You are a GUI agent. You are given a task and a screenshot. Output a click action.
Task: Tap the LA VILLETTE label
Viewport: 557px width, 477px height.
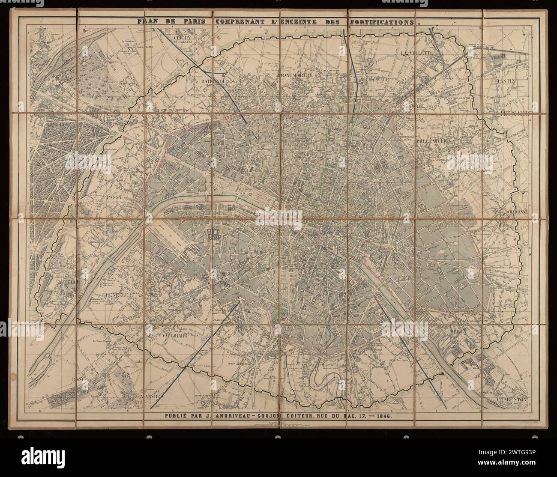pos(418,53)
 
